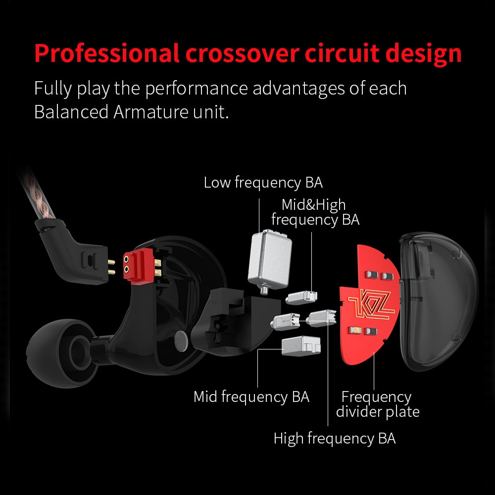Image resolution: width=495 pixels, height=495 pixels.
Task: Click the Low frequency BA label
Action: (x=263, y=183)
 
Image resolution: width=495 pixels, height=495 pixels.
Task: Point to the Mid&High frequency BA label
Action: (x=315, y=212)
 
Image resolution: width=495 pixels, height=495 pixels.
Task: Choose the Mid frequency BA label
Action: (x=251, y=396)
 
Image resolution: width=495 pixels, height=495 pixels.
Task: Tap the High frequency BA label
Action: (x=335, y=438)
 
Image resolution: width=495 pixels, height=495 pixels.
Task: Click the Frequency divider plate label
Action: (x=377, y=404)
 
